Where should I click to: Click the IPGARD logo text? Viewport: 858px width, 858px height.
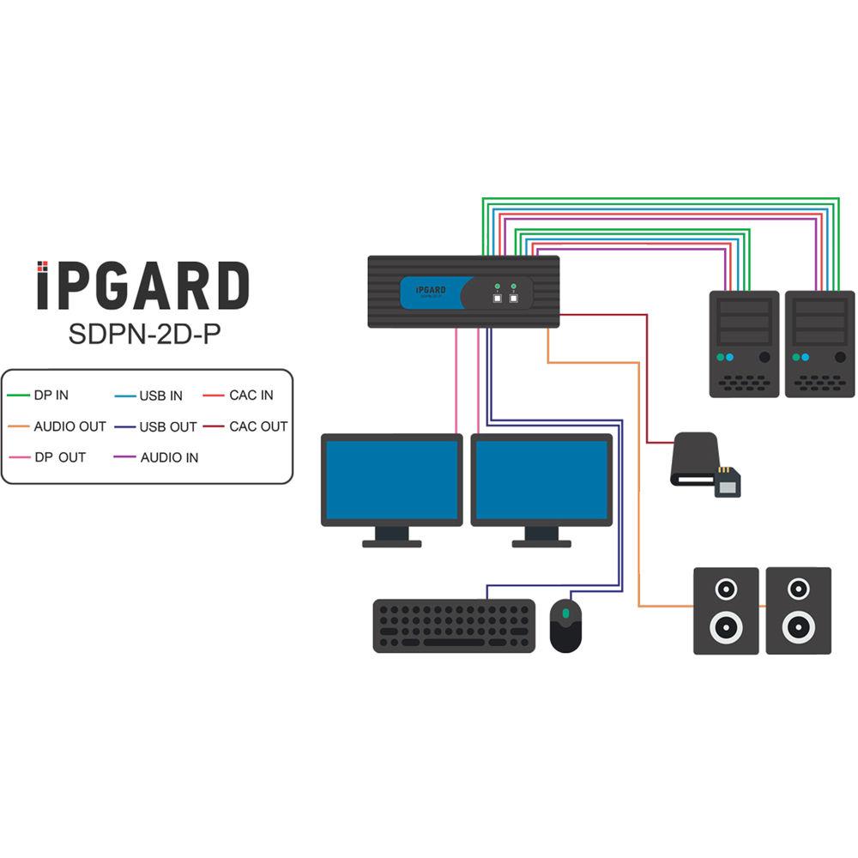click(142, 286)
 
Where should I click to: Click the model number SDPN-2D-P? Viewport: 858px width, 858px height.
click(142, 334)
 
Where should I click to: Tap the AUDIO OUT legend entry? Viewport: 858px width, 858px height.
click(69, 426)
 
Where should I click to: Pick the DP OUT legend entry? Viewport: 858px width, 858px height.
click(59, 457)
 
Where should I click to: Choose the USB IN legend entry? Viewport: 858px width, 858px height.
click(160, 396)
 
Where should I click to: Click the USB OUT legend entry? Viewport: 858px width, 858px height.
click(167, 426)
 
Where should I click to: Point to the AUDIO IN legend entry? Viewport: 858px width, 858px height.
click(169, 457)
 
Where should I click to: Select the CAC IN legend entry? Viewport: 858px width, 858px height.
click(251, 396)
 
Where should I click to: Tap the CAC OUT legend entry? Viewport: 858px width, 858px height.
click(257, 426)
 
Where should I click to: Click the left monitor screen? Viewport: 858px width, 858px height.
click(391, 480)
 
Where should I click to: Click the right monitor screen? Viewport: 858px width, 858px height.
click(541, 480)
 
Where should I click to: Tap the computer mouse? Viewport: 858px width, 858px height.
click(565, 625)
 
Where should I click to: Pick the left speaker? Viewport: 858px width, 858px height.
click(726, 611)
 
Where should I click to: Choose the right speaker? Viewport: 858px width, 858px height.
click(798, 611)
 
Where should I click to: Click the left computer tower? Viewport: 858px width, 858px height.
click(744, 343)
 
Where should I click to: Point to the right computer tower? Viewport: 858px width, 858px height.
click(819, 343)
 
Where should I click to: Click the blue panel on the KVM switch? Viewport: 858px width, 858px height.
click(434, 292)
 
